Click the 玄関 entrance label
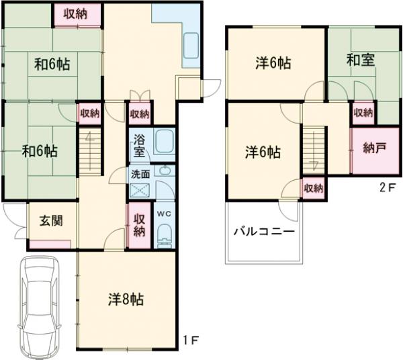(x=50, y=220)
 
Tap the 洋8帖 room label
(x=126, y=299)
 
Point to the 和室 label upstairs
(x=360, y=60)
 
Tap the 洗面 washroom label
(x=140, y=173)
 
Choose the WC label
(x=165, y=213)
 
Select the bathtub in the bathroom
(x=165, y=142)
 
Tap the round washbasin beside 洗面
(x=165, y=171)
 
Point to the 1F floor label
(x=191, y=339)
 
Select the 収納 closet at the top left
(x=75, y=14)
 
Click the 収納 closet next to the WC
(x=139, y=224)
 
